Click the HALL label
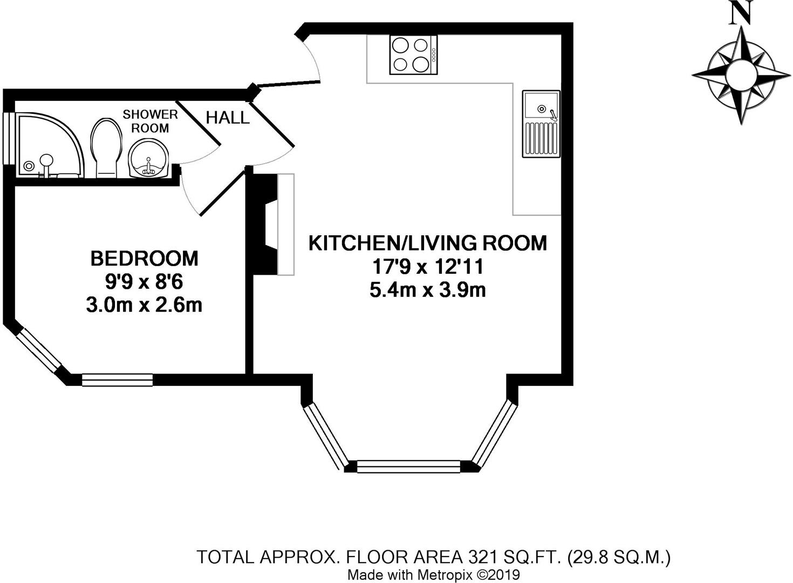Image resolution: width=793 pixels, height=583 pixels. pos(228,118)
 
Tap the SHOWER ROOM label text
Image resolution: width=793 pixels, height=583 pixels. pos(150,121)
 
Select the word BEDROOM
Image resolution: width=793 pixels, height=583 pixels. pos(144,259)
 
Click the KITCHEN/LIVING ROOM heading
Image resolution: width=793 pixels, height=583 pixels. pos(427,243)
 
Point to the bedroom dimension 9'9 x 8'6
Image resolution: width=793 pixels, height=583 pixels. pos(144,282)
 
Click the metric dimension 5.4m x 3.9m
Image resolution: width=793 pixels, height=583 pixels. pos(427,290)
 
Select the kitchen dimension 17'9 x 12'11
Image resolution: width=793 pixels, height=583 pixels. pos(427,267)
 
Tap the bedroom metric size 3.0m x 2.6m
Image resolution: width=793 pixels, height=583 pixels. pos(144,306)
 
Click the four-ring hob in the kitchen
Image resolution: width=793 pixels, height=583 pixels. pos(413,55)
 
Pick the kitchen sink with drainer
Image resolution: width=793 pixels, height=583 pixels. pos(541,124)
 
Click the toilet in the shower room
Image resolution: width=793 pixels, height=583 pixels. pos(105,147)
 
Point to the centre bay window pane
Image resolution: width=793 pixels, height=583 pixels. pos(408,466)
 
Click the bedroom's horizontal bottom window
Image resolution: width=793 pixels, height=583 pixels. pos(117,381)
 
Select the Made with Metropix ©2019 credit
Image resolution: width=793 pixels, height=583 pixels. pos(433,575)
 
